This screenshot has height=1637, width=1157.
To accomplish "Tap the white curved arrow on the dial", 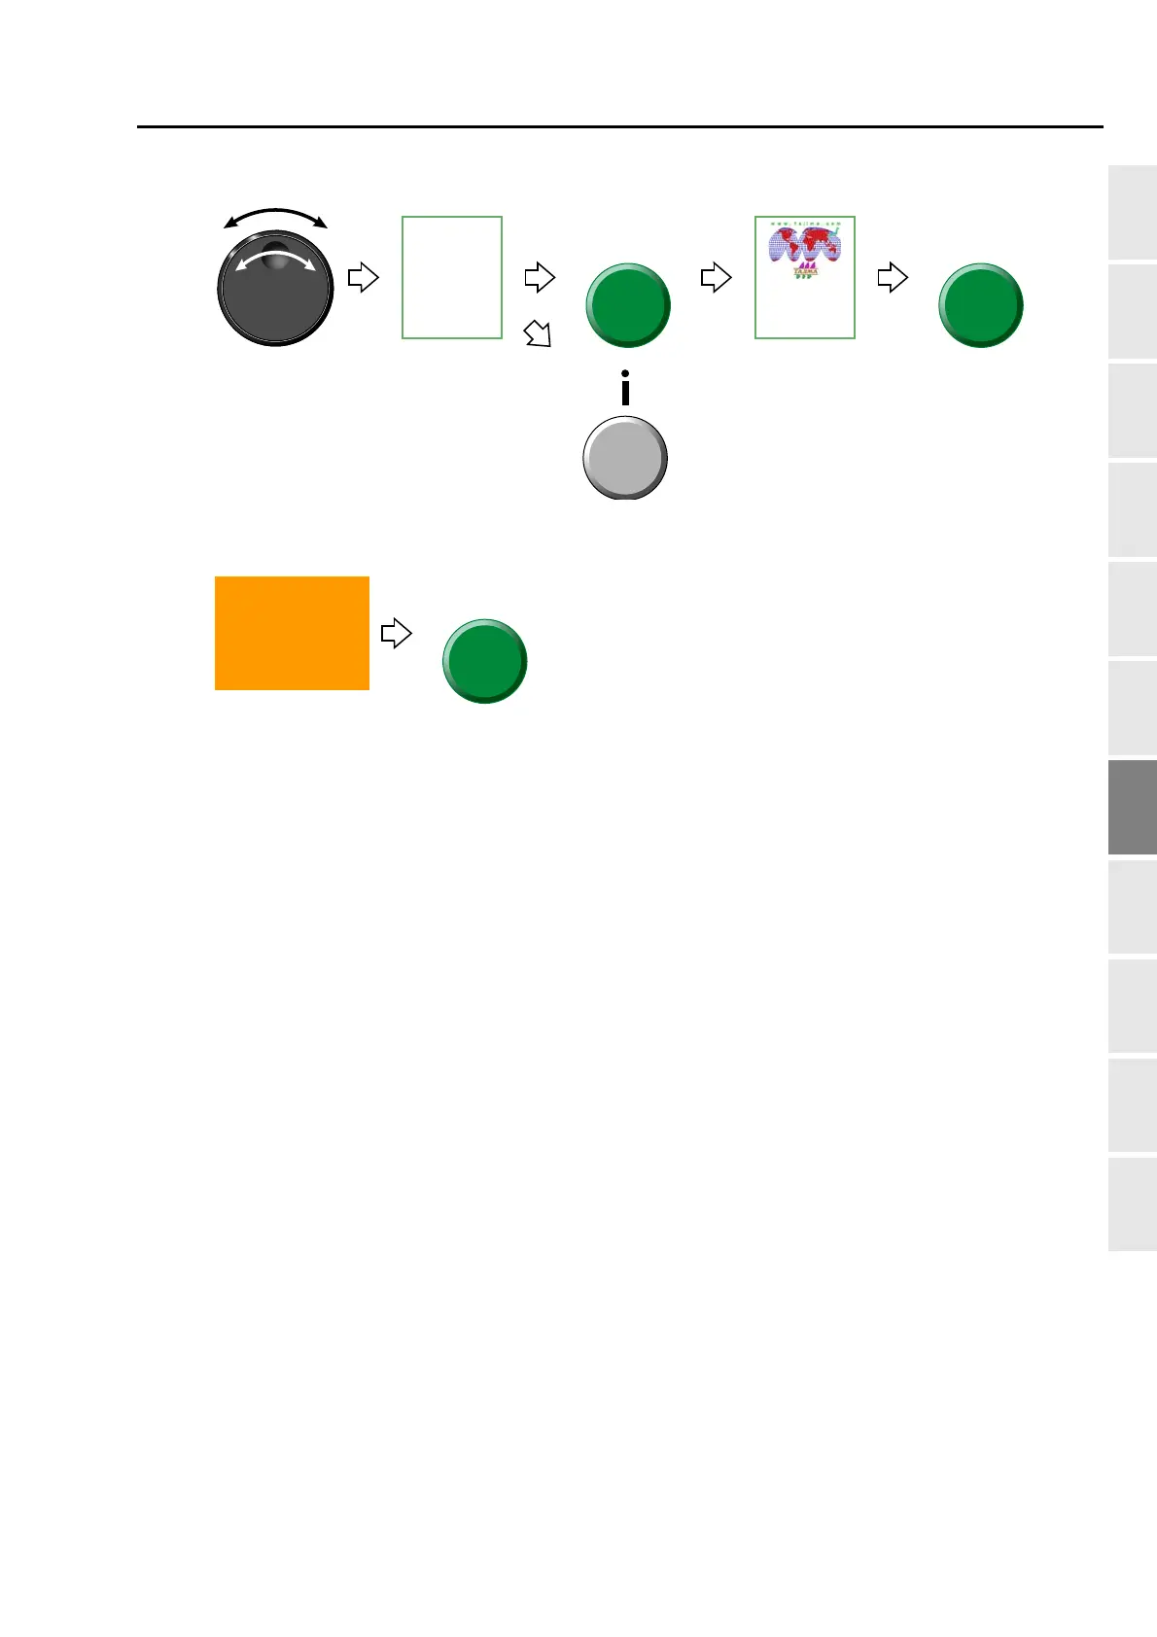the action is [275, 257].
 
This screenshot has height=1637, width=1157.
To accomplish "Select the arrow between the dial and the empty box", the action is [363, 277].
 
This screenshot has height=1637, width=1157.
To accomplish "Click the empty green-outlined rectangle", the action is [452, 277].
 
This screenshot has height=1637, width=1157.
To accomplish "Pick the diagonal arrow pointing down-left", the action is [537, 333].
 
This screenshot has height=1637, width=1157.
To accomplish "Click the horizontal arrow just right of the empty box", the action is [540, 277].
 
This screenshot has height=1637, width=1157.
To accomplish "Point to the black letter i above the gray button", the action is [625, 387].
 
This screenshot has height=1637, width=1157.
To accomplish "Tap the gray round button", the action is [625, 458].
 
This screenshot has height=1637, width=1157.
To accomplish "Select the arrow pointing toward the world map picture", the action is [716, 277].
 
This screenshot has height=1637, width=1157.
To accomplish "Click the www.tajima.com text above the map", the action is [805, 224].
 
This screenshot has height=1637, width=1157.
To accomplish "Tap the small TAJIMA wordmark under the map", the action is [805, 272].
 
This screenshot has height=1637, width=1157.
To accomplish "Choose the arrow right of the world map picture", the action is [893, 277].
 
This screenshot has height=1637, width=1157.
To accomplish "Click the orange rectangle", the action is [292, 633].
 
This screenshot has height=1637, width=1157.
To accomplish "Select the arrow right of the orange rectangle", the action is [396, 634].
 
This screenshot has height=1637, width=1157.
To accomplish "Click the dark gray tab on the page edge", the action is [1133, 808].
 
